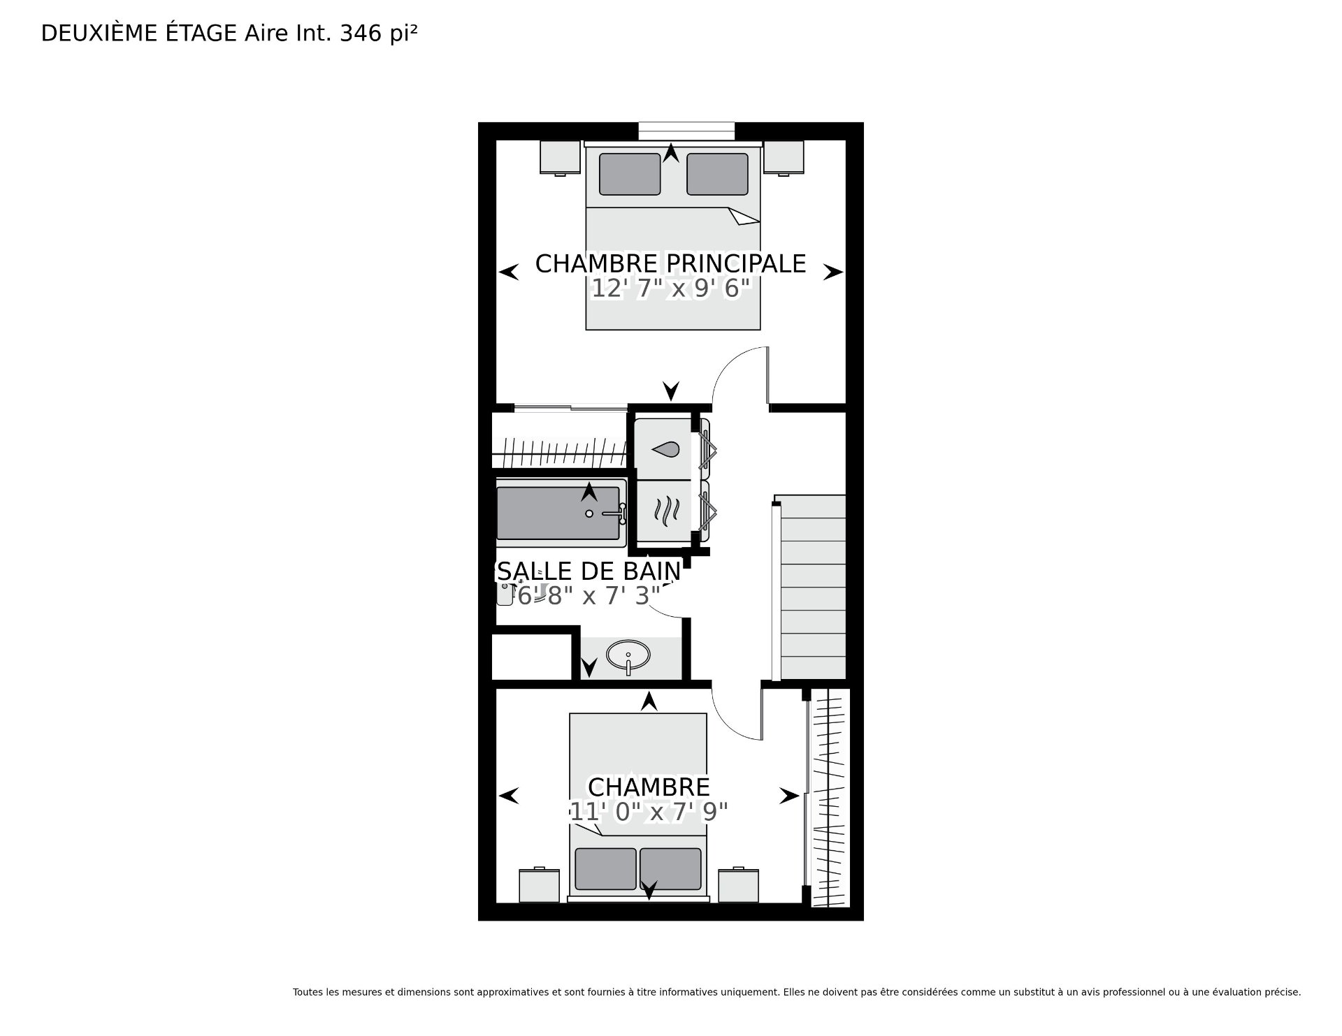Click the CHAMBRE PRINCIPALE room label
[670, 263]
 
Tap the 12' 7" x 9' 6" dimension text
[671, 288]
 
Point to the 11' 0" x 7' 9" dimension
[649, 812]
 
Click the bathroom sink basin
[628, 655]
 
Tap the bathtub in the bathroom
[561, 513]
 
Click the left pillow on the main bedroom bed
[630, 174]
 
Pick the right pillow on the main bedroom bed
[718, 174]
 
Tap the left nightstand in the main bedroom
[560, 158]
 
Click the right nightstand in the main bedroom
[784, 158]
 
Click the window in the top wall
[686, 131]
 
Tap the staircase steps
[812, 588]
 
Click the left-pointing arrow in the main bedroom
[509, 272]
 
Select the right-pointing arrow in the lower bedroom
[789, 796]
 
